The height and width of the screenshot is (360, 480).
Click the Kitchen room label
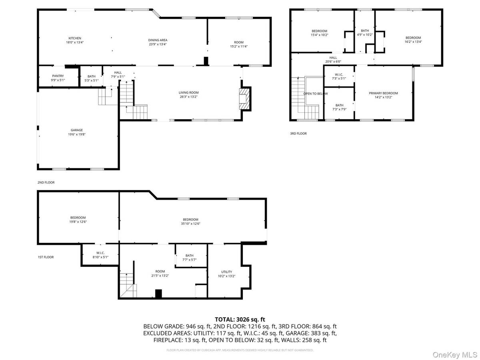(x=75, y=38)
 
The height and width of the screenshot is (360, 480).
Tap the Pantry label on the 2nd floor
(x=58, y=76)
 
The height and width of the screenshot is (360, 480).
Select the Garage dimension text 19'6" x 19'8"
(x=77, y=134)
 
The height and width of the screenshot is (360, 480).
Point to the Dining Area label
(x=158, y=40)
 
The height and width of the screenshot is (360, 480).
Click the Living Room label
(x=188, y=93)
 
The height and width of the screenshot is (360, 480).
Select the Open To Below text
(x=315, y=94)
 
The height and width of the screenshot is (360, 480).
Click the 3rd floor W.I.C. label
(x=339, y=74)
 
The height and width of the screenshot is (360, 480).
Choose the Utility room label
(x=227, y=272)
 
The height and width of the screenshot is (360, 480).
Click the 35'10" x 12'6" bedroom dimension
(x=191, y=224)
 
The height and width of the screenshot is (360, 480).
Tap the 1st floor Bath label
(x=190, y=255)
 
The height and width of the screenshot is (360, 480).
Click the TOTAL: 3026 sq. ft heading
(x=240, y=319)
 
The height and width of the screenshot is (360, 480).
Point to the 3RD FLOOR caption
(x=298, y=134)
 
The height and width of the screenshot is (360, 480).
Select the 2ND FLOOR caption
(x=46, y=182)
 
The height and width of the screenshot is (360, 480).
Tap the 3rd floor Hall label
(x=333, y=57)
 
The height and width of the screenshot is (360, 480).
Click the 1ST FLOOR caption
(x=46, y=257)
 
